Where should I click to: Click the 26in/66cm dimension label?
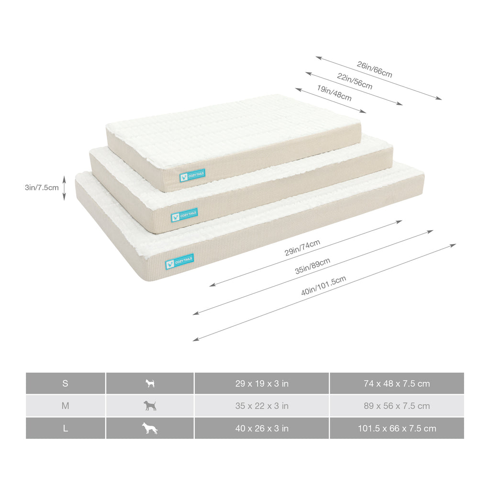[374, 69]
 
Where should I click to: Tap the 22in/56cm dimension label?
[355, 81]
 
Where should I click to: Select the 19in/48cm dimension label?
[334, 93]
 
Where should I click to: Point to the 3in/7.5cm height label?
[42, 188]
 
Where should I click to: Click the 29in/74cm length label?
[302, 248]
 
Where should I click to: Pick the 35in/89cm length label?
[312, 266]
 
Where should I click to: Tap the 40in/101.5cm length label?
[323, 285]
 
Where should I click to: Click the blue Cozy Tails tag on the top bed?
[192, 176]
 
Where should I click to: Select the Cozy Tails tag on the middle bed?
[184, 215]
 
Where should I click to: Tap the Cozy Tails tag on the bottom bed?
[179, 262]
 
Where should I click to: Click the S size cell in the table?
[65, 383]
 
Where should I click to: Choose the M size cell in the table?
[65, 406]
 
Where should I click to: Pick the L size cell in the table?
[65, 428]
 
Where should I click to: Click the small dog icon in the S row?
[150, 383]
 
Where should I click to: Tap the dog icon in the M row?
[150, 406]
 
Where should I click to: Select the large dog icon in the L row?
[150, 428]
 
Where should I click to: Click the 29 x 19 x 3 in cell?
[262, 383]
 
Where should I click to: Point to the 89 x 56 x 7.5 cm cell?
[397, 406]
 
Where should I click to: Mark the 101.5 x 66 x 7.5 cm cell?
[397, 428]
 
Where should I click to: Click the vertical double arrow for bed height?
[64, 188]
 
